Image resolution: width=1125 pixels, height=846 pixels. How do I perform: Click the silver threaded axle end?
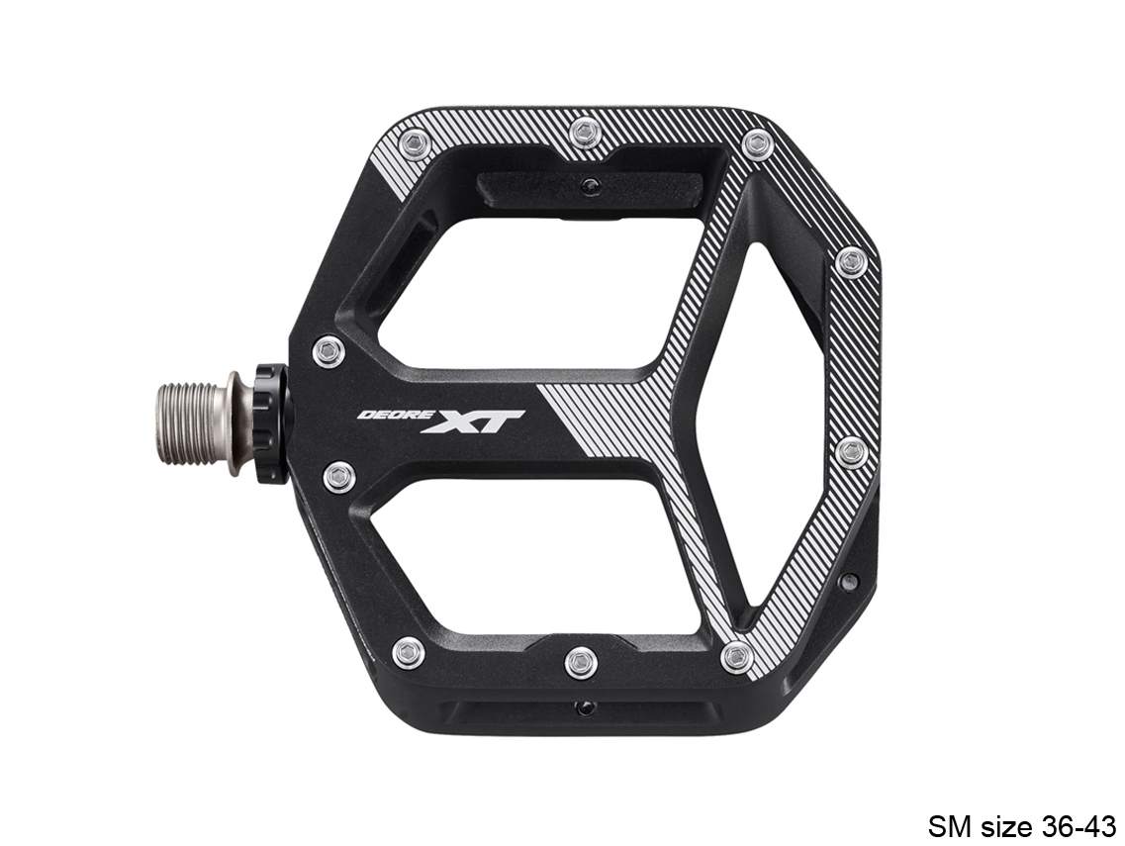[x=194, y=423]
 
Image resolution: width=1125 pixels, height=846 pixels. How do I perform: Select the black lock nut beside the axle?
[x=270, y=423]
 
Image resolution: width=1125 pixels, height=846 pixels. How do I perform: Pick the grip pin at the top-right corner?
[x=756, y=143]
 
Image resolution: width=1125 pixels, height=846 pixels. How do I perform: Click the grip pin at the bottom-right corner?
[x=737, y=656]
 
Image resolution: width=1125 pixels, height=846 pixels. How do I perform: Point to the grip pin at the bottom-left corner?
[x=408, y=652]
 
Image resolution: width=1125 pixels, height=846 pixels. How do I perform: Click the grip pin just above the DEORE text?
[x=328, y=350]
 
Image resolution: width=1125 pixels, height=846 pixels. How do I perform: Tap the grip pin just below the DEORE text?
[x=339, y=477]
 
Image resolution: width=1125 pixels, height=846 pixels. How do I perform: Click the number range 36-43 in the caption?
[x=1078, y=824]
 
